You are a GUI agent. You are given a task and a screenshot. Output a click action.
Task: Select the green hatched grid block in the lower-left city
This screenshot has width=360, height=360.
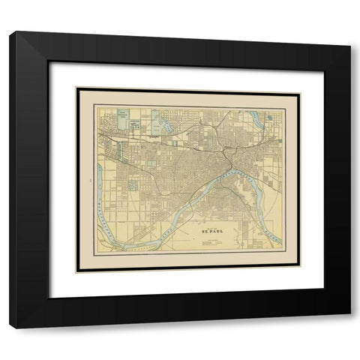(x=133, y=184)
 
